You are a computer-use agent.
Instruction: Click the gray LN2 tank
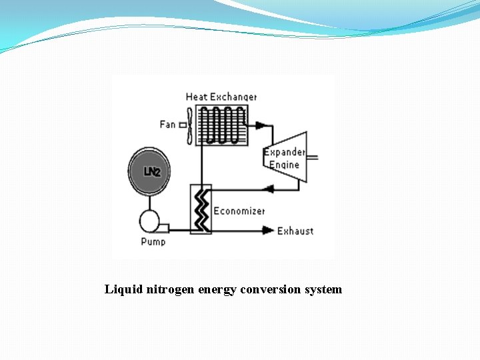point(149,171)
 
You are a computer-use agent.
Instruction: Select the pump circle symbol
point(149,221)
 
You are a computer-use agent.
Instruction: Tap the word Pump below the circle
point(153,241)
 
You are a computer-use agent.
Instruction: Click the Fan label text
point(167,124)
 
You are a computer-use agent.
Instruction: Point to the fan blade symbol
point(190,125)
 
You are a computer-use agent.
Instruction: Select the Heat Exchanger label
point(221,97)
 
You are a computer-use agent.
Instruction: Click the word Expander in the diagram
point(285,152)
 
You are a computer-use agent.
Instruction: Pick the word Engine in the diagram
point(285,165)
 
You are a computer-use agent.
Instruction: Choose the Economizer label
point(239,211)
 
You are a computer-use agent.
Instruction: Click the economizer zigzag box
point(201,209)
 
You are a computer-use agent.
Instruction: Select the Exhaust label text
point(295,231)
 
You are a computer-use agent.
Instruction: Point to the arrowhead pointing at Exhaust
point(268,231)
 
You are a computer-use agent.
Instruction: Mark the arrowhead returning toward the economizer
point(269,189)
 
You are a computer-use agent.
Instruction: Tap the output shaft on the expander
point(311,157)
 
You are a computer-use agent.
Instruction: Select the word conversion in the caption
point(271,289)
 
